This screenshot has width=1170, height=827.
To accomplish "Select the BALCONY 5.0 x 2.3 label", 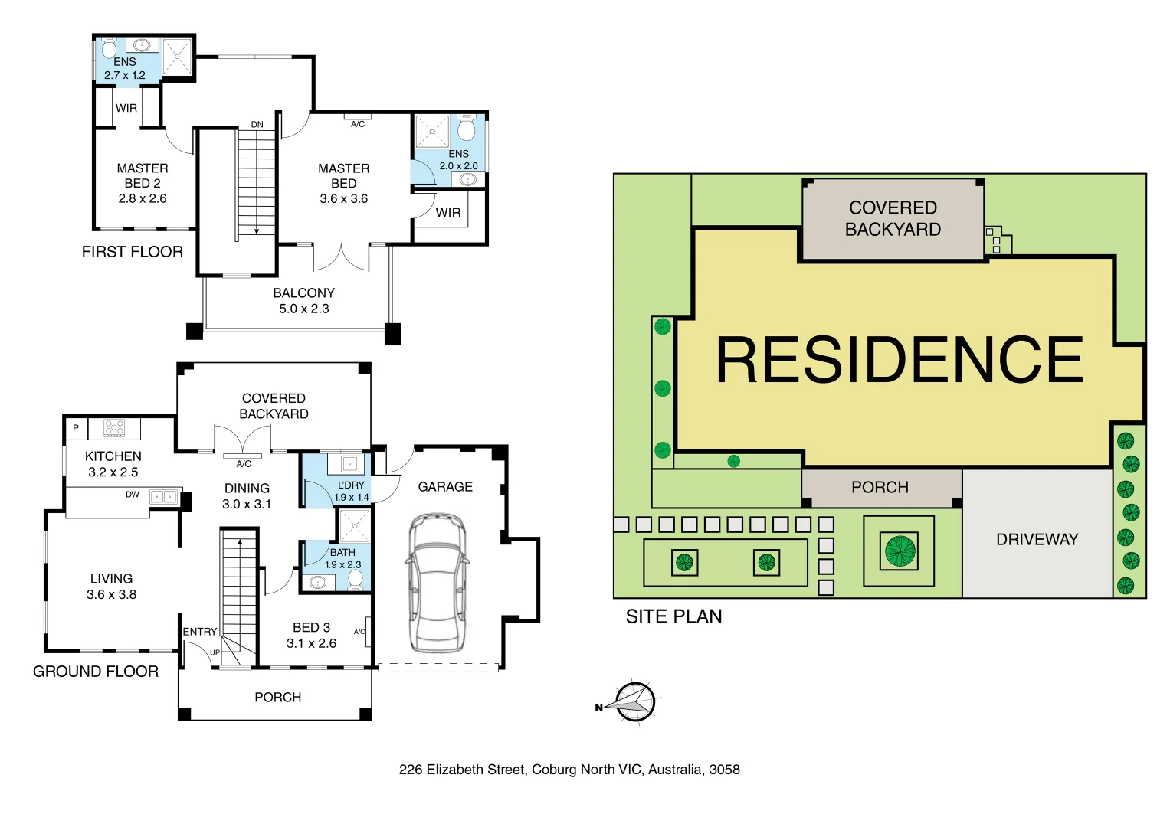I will click(303, 301).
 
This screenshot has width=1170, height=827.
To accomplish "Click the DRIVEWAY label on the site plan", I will click(1037, 539).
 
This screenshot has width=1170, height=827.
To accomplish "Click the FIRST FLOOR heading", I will click(132, 252).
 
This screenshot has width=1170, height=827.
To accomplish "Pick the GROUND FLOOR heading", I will click(95, 672).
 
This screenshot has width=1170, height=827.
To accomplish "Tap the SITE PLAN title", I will click(673, 616).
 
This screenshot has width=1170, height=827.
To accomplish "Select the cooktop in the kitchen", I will click(114, 427).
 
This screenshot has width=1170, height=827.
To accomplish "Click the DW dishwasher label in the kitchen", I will click(133, 495).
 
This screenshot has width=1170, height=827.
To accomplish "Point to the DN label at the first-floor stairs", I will click(257, 125).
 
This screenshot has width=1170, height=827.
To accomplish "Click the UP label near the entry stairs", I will click(215, 652).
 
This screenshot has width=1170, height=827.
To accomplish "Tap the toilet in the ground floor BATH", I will click(355, 578).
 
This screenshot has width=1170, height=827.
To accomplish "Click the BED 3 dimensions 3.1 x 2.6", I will click(311, 643).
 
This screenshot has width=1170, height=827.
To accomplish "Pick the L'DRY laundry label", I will click(351, 485).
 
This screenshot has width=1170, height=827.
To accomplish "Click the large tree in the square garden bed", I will click(900, 551).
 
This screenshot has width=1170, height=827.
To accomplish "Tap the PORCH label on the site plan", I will click(880, 488).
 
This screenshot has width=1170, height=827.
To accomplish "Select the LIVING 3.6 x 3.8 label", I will click(111, 587).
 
